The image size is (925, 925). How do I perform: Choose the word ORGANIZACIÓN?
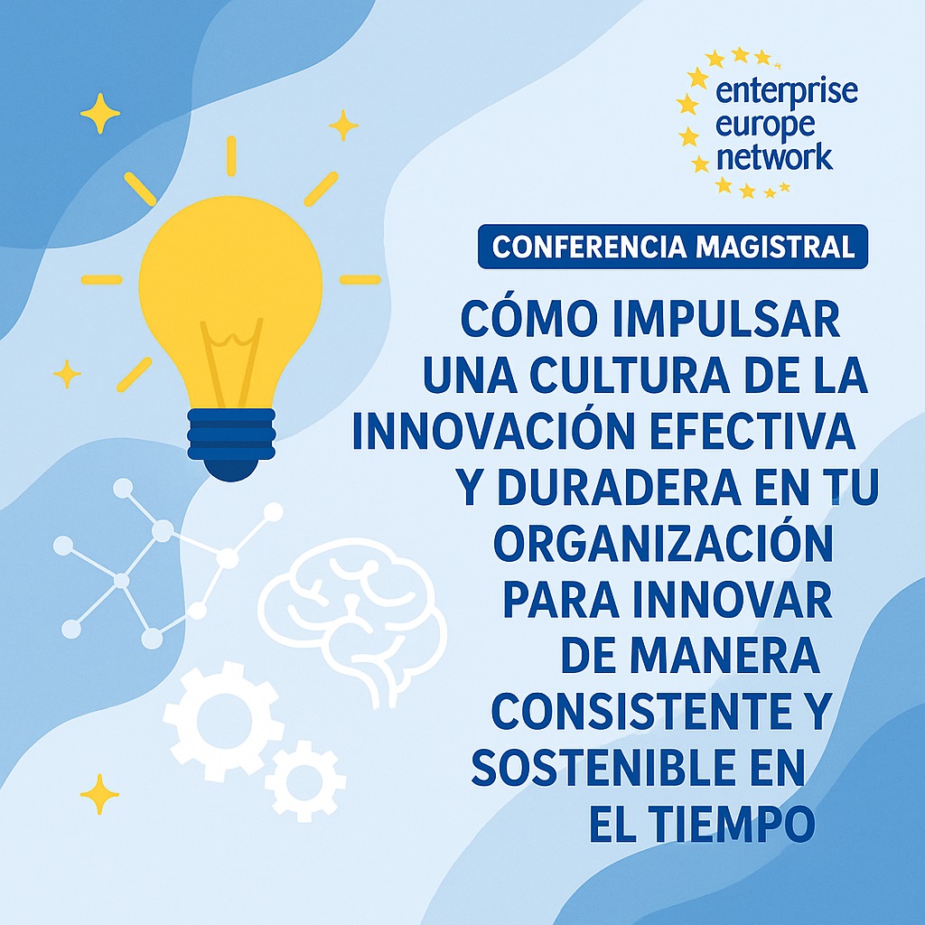pos(664,544)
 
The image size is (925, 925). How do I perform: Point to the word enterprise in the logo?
pos(785,91)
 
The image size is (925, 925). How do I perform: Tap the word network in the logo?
pos(772,157)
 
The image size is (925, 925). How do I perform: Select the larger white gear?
pos(220,718)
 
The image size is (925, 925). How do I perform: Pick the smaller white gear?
pos(305,781)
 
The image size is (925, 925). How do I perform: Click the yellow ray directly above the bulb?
pos(230,155)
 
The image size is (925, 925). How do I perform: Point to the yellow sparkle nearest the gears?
pos(99,794)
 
